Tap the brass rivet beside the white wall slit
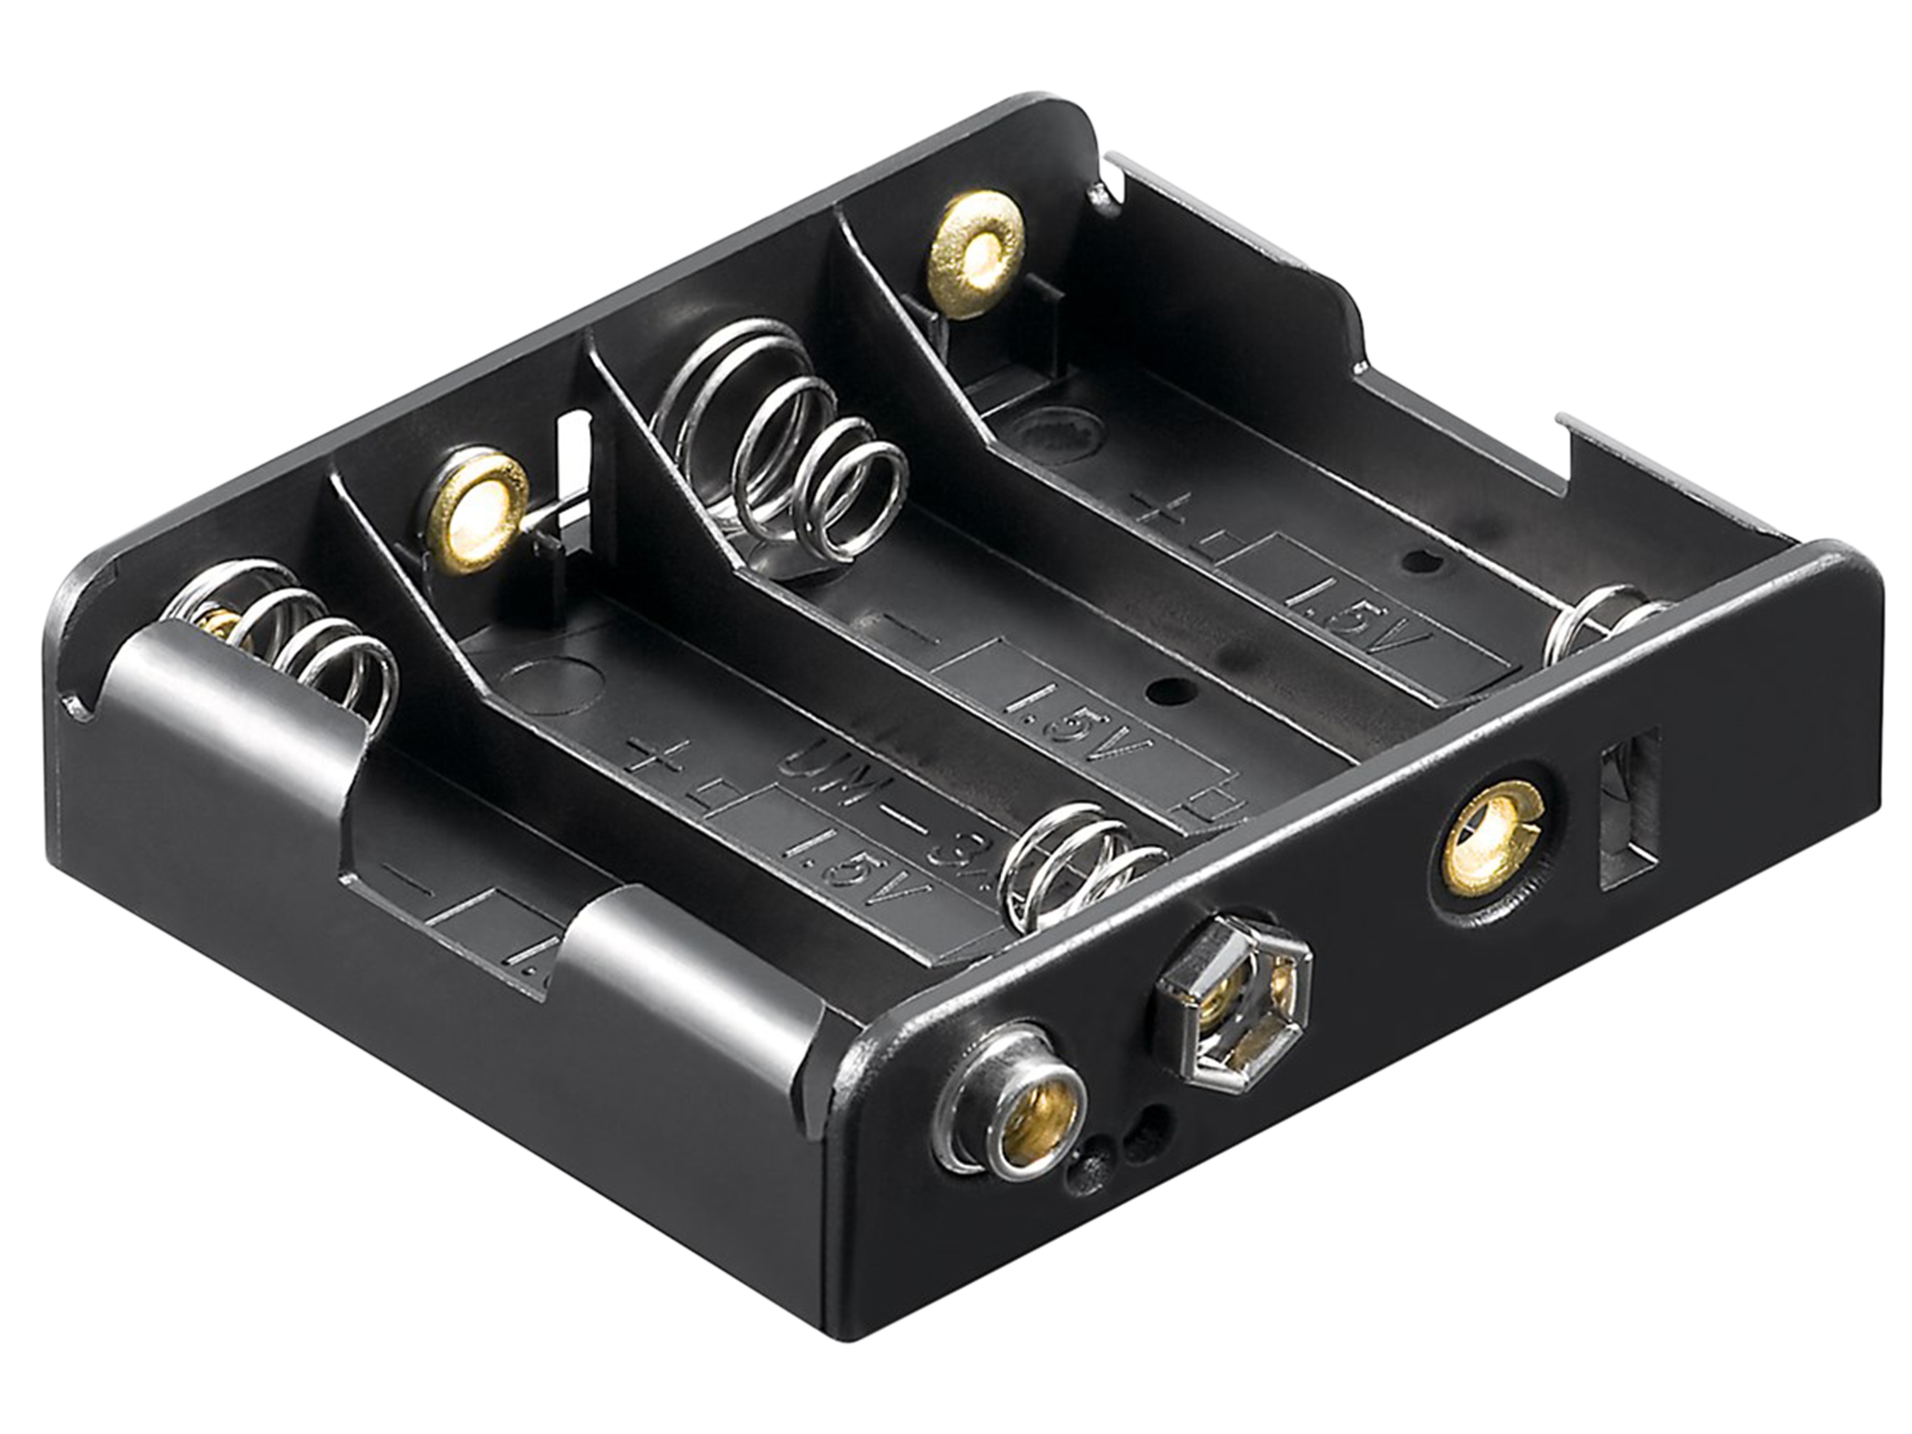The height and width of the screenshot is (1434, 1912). (x=477, y=510)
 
